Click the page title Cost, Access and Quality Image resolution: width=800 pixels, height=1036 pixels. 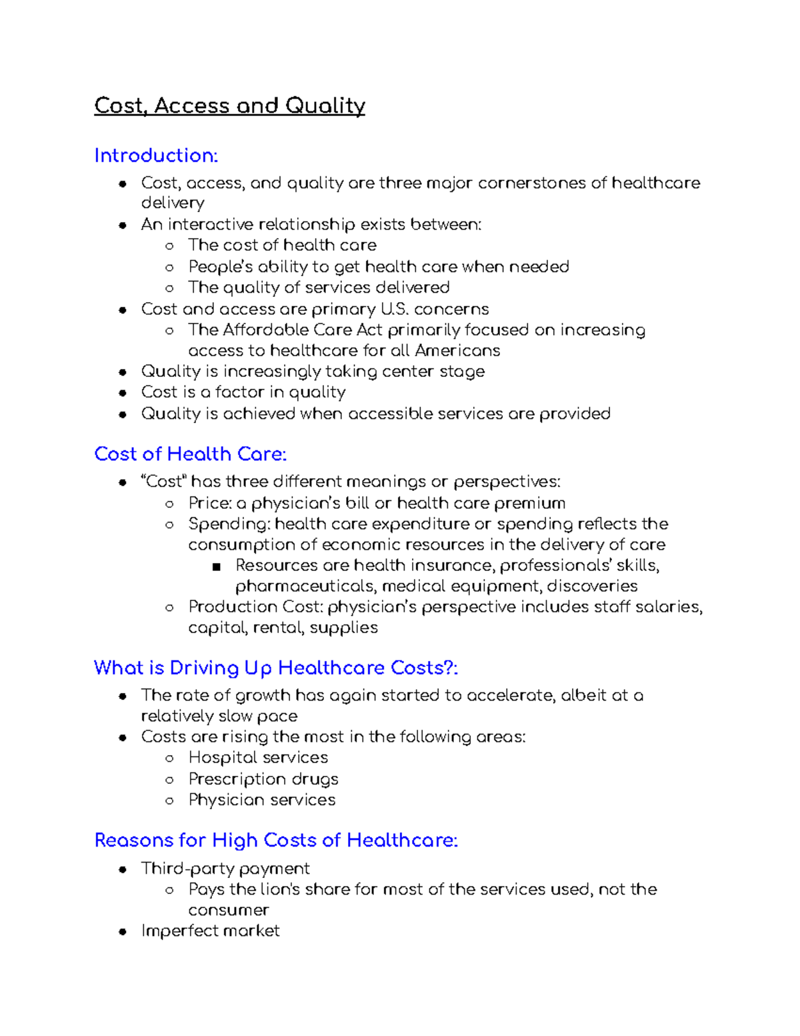(x=229, y=105)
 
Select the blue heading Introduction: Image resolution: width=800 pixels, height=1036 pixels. (x=156, y=155)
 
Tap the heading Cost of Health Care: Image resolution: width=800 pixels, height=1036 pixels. (x=191, y=454)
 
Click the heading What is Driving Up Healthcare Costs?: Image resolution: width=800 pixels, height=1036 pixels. (x=276, y=668)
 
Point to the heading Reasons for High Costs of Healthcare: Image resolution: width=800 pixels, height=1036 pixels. (x=276, y=841)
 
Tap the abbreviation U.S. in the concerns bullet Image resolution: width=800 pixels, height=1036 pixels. (x=394, y=309)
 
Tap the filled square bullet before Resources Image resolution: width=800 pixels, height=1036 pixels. (x=215, y=566)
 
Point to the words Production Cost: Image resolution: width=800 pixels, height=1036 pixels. (x=256, y=606)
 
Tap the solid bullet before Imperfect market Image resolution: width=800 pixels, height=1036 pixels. (x=123, y=932)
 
